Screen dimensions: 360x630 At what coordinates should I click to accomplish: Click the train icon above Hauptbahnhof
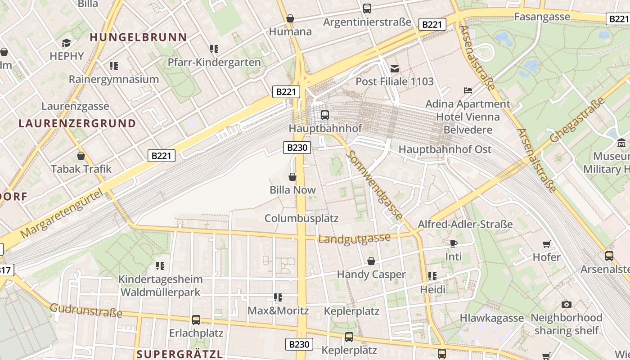324,115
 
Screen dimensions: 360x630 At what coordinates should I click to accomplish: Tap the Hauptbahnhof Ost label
445,149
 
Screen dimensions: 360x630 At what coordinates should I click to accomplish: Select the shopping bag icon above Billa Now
292,177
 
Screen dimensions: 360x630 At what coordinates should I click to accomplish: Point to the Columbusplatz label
301,218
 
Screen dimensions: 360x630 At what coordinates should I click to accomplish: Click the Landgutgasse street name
354,238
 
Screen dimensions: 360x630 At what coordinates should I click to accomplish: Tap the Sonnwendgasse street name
374,185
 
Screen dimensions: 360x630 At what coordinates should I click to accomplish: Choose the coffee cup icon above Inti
454,243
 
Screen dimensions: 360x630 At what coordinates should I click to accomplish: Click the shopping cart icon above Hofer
547,244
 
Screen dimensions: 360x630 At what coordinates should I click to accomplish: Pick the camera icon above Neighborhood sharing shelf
567,304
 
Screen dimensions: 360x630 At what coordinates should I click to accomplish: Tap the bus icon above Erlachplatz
196,319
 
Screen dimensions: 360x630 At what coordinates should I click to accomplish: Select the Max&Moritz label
278,310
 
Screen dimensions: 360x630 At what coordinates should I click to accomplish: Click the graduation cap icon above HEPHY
67,43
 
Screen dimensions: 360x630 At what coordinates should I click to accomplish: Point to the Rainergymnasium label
114,79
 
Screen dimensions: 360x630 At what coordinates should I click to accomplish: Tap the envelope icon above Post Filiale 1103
395,68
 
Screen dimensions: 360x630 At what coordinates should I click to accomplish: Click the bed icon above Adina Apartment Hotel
468,90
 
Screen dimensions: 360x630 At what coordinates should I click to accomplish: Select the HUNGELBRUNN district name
138,37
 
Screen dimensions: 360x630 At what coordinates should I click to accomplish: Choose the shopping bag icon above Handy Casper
371,261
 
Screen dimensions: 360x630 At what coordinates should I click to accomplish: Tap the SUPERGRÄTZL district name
180,354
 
